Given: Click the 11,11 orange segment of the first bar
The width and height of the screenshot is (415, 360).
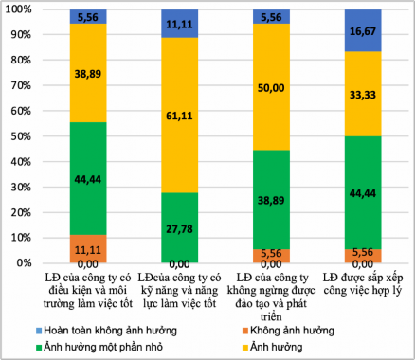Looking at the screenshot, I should click(x=88, y=249).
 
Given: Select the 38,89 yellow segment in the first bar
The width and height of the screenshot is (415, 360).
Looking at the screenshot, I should click(x=88, y=73).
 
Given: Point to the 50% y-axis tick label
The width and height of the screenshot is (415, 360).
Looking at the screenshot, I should click(x=20, y=136).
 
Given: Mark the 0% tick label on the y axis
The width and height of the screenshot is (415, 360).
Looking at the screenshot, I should click(x=23, y=263).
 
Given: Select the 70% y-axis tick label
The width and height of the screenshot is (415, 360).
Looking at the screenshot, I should click(x=20, y=86).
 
